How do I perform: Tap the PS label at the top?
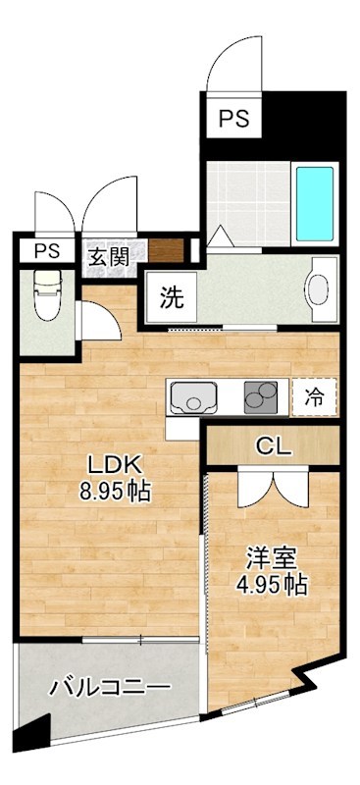[x=233, y=119]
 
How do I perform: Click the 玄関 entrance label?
[x=109, y=257]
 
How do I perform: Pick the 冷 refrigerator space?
[x=314, y=397]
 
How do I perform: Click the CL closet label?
[x=275, y=446]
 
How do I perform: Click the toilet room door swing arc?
[x=98, y=319]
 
